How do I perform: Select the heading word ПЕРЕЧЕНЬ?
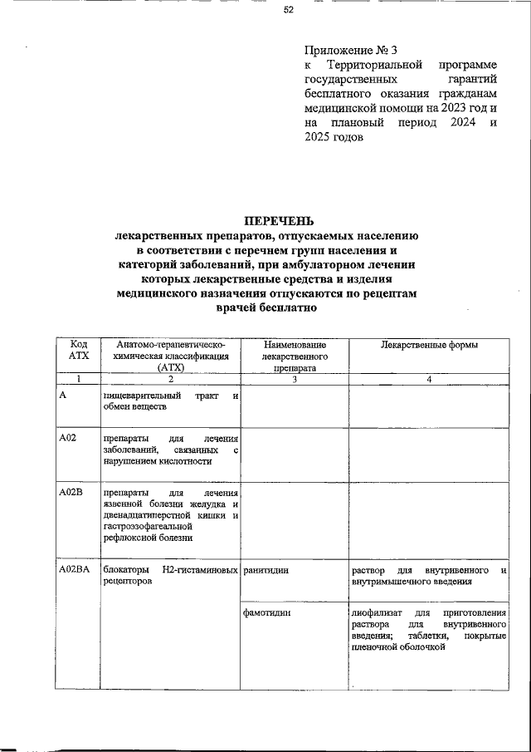(x=278, y=221)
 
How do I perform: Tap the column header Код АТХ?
(x=78, y=349)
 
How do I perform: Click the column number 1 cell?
(x=78, y=380)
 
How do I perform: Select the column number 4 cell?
(x=428, y=380)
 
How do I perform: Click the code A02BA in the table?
(x=75, y=570)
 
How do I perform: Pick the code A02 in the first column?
(x=67, y=437)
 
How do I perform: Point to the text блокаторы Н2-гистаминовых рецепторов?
(x=170, y=577)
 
